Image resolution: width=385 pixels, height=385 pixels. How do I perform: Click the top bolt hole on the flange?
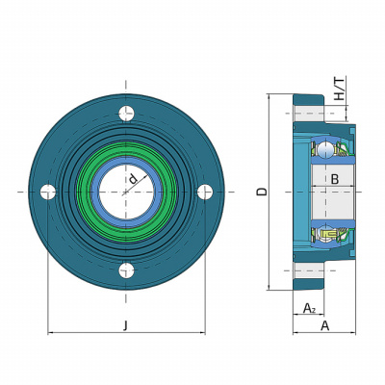[x=126, y=114]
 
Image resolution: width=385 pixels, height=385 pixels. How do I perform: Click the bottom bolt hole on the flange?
[x=126, y=270]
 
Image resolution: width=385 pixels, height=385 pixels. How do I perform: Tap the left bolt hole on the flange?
[x=48, y=192]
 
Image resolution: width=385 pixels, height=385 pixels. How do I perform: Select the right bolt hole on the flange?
[x=205, y=192]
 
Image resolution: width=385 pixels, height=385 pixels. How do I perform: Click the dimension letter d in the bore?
[x=133, y=178]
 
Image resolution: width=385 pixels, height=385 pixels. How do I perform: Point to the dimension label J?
[x=126, y=325]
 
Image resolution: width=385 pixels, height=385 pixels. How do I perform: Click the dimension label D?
[x=262, y=192]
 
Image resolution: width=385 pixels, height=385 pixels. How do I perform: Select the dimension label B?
[x=335, y=179]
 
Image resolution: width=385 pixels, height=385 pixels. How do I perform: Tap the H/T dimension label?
[x=340, y=89]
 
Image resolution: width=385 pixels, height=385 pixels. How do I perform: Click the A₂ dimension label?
[x=309, y=308]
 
